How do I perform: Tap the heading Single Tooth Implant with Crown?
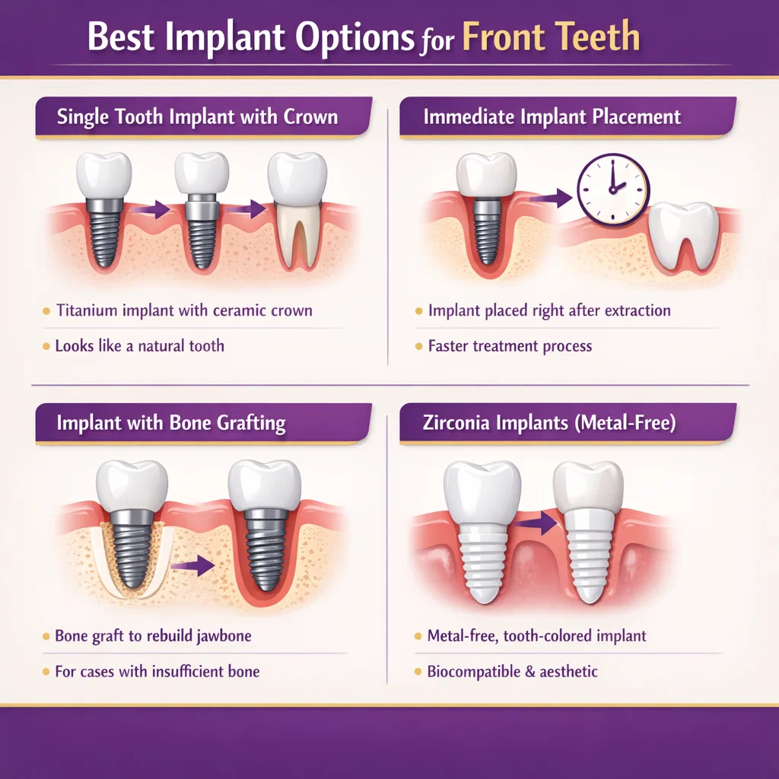pyautogui.click(x=197, y=118)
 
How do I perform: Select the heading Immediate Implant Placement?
pyautogui.click(x=552, y=118)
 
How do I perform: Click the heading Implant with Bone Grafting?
pyautogui.click(x=171, y=423)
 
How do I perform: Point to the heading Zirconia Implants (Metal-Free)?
pyautogui.click(x=549, y=423)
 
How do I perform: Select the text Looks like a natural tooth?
pyautogui.click(x=140, y=345)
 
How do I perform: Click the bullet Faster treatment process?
pyautogui.click(x=510, y=345)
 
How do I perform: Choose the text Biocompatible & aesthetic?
pyautogui.click(x=513, y=671)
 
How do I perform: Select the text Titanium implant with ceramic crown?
pyautogui.click(x=184, y=310)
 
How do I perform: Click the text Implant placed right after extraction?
pyautogui.click(x=549, y=310)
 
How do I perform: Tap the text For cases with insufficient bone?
pyautogui.click(x=157, y=671)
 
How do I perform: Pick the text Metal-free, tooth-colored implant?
pyautogui.click(x=537, y=635)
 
